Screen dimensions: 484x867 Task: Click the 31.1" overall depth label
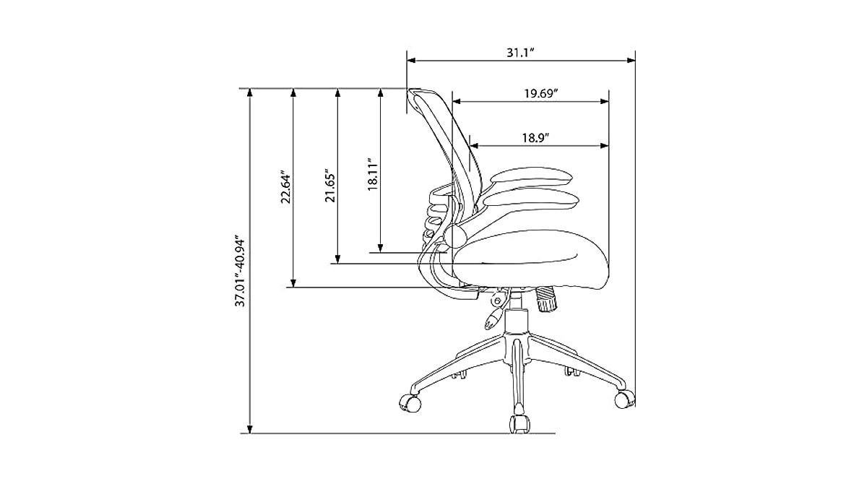click(520, 53)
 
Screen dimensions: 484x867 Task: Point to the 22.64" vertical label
click(285, 189)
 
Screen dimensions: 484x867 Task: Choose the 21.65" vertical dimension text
click(329, 186)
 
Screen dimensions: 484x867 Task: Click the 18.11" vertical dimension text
click(373, 174)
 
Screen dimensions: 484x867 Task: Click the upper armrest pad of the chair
click(531, 178)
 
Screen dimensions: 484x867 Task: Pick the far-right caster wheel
click(624, 397)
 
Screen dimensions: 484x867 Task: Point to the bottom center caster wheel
click(519, 424)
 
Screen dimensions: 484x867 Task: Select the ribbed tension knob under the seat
click(546, 298)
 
